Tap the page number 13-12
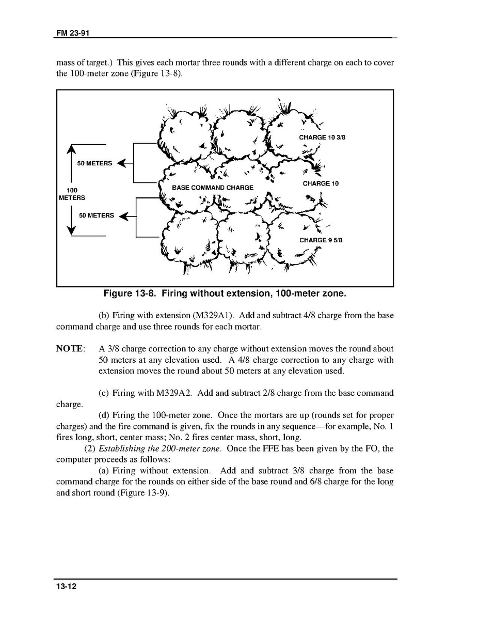click(x=66, y=587)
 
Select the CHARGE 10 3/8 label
click(x=322, y=137)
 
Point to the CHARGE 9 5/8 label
click(x=321, y=240)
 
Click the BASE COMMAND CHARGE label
click(x=213, y=188)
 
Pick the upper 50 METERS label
click(x=94, y=163)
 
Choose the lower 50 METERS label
click(x=96, y=215)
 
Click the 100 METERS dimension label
click(x=72, y=194)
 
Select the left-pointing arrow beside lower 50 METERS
click(x=124, y=215)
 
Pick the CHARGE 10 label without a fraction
click(x=321, y=183)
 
